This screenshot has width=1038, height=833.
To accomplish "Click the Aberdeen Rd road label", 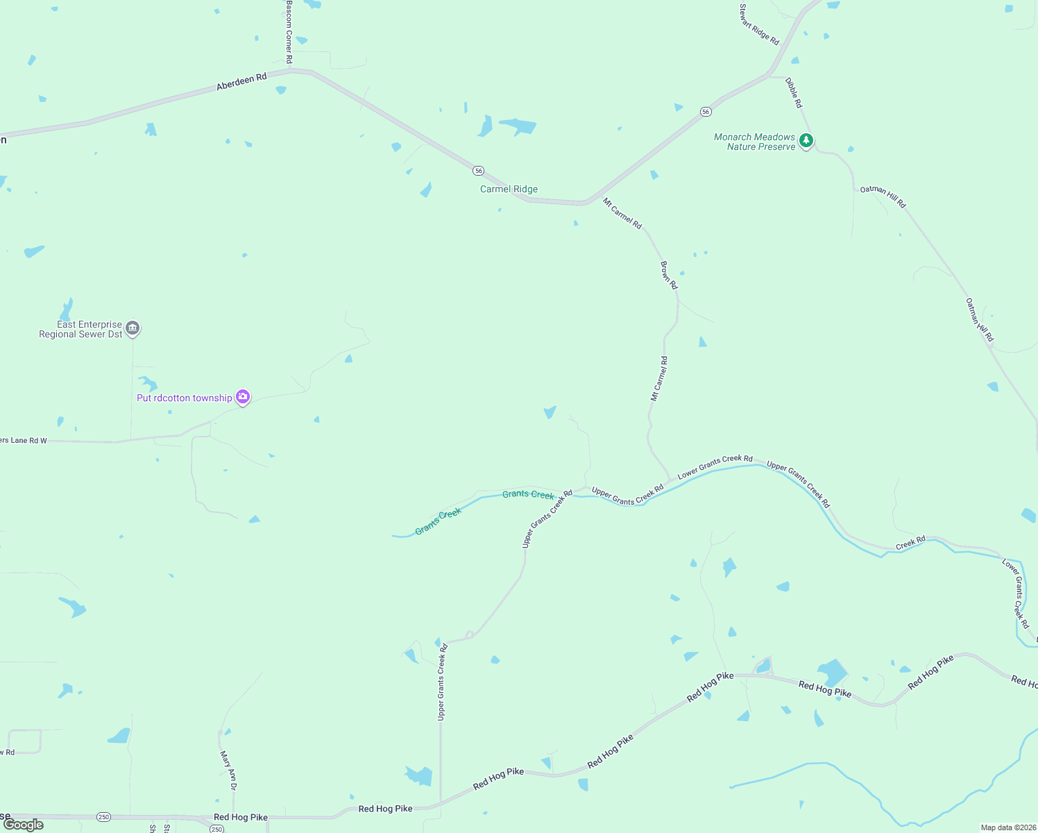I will tap(241, 82).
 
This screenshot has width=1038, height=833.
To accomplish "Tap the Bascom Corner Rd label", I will tap(289, 32).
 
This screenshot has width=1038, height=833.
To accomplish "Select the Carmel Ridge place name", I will tap(509, 189).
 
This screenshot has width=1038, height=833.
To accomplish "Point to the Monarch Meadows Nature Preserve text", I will tap(754, 142).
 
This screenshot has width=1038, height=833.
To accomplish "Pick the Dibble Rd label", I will tap(794, 92).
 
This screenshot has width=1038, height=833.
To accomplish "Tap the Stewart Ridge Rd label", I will tap(759, 25).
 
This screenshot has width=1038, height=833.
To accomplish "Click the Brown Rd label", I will tap(669, 275).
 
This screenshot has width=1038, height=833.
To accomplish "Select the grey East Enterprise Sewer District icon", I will tap(133, 328).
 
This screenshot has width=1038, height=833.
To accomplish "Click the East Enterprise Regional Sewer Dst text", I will tap(80, 329).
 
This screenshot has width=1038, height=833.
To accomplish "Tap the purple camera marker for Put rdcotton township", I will tap(243, 397).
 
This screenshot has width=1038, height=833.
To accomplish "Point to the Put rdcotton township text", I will tap(184, 398).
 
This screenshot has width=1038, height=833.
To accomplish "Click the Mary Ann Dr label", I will tap(228, 770).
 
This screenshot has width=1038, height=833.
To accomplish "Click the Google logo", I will tap(24, 825).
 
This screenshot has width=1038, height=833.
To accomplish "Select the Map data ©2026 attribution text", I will tap(1008, 827).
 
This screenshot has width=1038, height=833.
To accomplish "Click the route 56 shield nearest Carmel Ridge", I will tap(478, 171).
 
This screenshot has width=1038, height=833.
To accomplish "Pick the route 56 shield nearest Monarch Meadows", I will tap(706, 112).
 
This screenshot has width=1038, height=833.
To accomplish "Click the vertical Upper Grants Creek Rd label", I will tap(442, 682).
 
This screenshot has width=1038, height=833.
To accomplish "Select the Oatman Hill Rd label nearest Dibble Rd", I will tap(883, 197).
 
